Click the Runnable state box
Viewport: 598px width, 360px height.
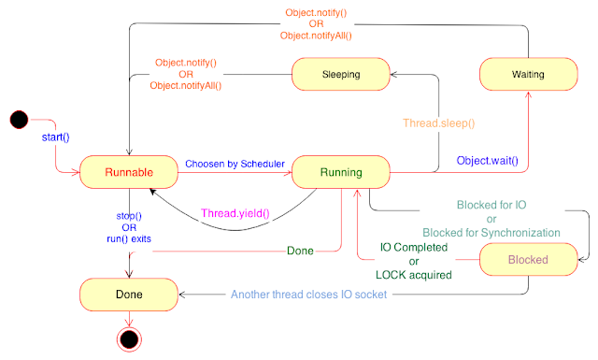[x=129, y=172]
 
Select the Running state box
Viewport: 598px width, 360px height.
[x=341, y=172]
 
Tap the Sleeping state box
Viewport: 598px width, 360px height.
[x=341, y=74]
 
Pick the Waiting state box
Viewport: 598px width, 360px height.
[x=528, y=74]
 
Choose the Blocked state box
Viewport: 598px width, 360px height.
[x=528, y=260]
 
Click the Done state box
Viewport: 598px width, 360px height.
[x=129, y=295]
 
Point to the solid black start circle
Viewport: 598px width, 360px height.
[x=19, y=120]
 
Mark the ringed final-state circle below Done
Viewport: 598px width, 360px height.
[x=129, y=339]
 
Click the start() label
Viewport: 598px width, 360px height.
[x=56, y=137]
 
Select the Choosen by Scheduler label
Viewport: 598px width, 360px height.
[x=235, y=164]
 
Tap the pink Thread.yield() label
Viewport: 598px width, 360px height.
[x=235, y=213]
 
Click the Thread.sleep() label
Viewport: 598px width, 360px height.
[x=439, y=122]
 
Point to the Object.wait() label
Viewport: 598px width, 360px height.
[x=488, y=160]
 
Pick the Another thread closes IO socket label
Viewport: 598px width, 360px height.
[x=309, y=295]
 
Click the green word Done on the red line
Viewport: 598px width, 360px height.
[x=300, y=251]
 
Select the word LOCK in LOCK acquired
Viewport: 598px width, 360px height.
[x=389, y=275]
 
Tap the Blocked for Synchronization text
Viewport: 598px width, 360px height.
[x=491, y=233]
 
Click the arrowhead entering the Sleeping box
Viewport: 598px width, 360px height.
[x=394, y=75]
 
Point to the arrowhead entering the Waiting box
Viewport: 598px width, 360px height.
[x=528, y=94]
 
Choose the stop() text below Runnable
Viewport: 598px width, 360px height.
[x=129, y=216]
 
